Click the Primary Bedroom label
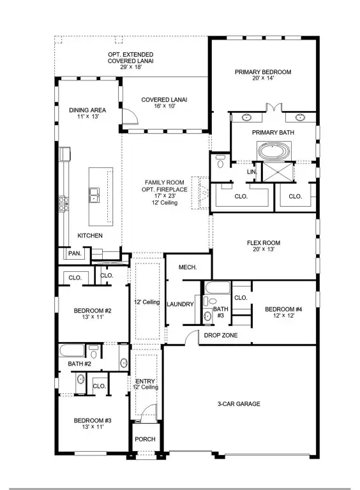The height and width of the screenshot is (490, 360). [262, 72]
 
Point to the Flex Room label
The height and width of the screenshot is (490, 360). [263, 243]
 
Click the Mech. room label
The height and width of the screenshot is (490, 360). [186, 267]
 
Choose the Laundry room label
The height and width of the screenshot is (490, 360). [180, 304]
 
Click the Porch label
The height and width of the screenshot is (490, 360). [144, 440]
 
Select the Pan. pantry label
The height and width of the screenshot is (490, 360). [73, 254]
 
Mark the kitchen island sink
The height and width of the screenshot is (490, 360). [94, 194]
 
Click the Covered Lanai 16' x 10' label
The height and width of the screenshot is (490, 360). [164, 100]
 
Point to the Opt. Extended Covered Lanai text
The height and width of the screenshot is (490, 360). [130, 57]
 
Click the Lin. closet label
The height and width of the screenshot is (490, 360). [251, 172]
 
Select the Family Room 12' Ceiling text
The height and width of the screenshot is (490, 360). [164, 203]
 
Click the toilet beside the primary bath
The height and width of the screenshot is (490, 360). [221, 161]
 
